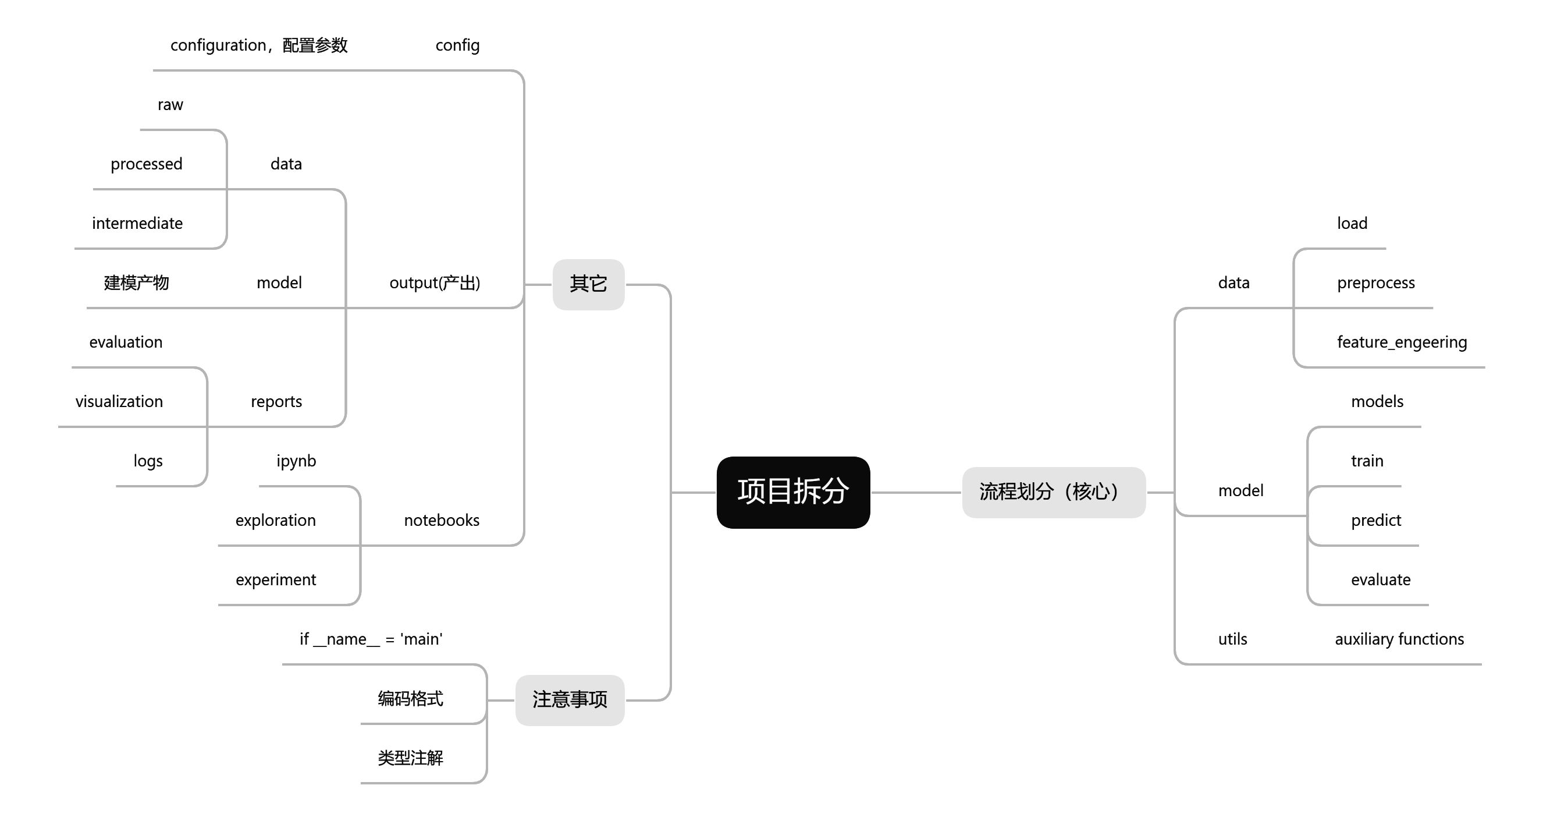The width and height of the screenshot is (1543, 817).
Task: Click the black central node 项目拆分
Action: tap(792, 492)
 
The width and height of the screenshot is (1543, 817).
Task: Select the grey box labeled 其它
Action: tap(588, 284)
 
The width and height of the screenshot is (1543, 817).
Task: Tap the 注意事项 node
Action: tap(570, 699)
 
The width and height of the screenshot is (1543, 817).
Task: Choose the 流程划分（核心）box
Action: tap(1053, 492)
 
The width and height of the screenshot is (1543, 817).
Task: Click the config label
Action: tap(457, 45)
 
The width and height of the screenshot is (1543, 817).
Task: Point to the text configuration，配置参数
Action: tap(259, 45)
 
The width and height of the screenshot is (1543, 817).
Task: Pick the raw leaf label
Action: tap(170, 105)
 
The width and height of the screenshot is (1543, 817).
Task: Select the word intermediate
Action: tap(137, 224)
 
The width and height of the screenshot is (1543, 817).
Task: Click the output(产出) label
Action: tap(434, 283)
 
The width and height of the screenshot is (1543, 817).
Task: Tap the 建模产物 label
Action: tap(137, 283)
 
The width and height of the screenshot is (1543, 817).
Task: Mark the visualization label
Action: tap(119, 402)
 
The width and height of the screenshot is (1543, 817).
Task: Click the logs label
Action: tap(148, 461)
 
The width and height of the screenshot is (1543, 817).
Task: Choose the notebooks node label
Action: tap(442, 520)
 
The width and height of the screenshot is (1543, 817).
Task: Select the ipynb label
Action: tap(296, 461)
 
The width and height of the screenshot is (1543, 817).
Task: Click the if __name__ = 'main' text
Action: tap(371, 639)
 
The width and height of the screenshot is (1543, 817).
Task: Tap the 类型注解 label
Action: tap(410, 758)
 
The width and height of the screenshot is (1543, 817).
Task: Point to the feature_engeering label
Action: tap(1402, 342)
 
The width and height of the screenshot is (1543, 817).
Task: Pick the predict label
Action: tap(1376, 520)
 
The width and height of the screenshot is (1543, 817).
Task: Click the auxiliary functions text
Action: tap(1399, 639)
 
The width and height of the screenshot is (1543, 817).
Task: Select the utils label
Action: tap(1233, 639)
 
